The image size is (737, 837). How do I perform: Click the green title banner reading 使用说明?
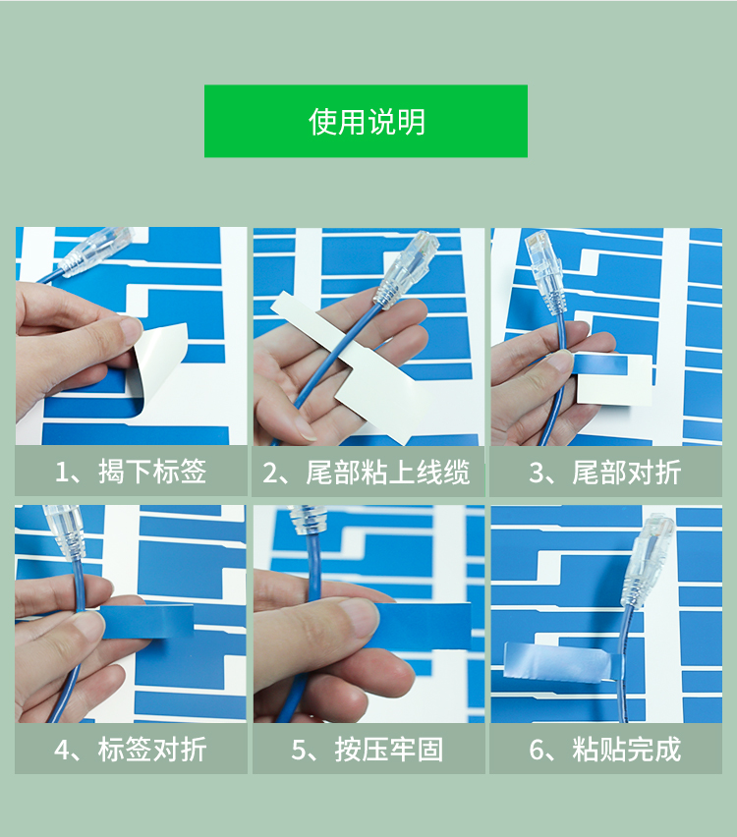point(366,121)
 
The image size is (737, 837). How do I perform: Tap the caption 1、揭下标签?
point(131,472)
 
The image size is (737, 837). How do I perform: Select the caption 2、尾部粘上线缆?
point(367,473)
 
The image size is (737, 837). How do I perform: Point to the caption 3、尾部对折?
point(605,473)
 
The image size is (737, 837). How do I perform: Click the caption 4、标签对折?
point(131,750)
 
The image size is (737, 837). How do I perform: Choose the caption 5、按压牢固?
point(368,750)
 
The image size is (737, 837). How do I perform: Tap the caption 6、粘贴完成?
point(605,750)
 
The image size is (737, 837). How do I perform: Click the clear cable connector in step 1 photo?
point(96,251)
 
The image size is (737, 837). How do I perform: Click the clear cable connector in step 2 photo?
point(409,269)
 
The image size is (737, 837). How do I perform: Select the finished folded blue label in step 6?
point(561,663)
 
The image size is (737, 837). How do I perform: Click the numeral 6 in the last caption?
point(537,750)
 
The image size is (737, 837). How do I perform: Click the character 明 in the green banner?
point(410,122)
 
